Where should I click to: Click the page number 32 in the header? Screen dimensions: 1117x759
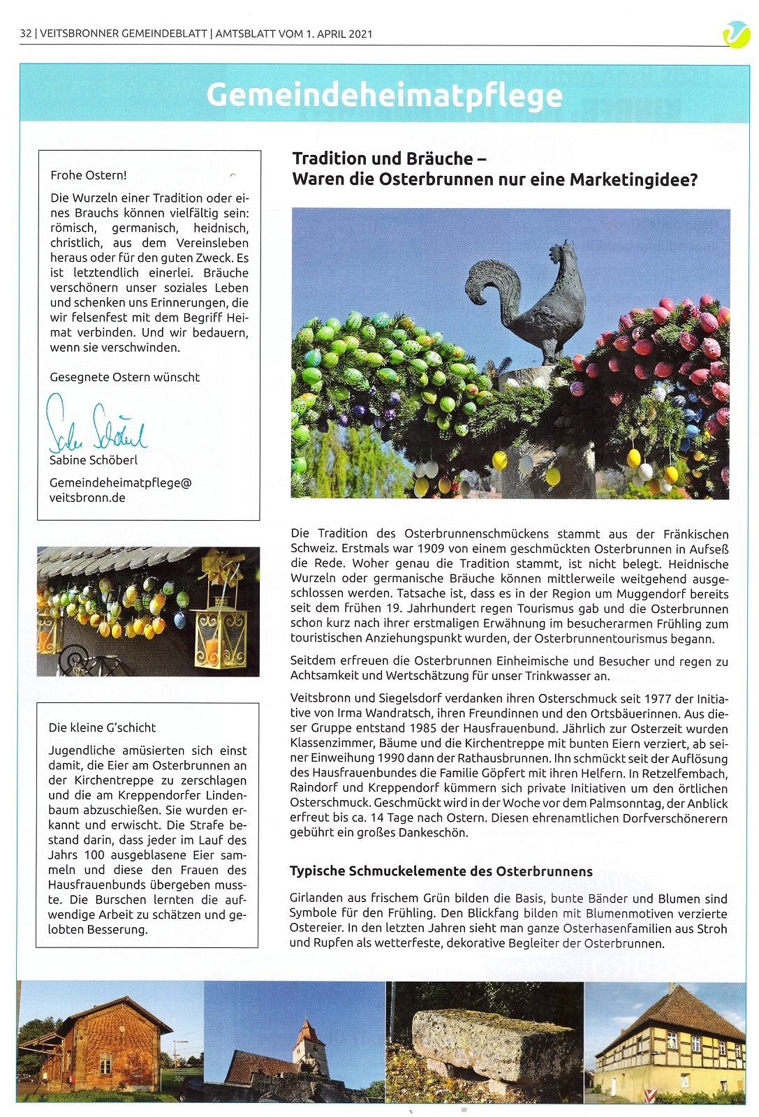point(26,34)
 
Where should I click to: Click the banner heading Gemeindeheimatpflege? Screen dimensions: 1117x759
point(384,96)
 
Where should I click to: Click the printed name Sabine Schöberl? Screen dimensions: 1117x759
point(94,460)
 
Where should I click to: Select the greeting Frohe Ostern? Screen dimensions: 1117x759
point(89,175)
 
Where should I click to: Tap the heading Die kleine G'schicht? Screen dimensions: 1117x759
point(102,727)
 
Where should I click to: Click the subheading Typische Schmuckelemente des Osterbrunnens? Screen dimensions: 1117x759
point(441,871)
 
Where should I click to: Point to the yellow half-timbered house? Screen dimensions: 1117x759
point(667,1047)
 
